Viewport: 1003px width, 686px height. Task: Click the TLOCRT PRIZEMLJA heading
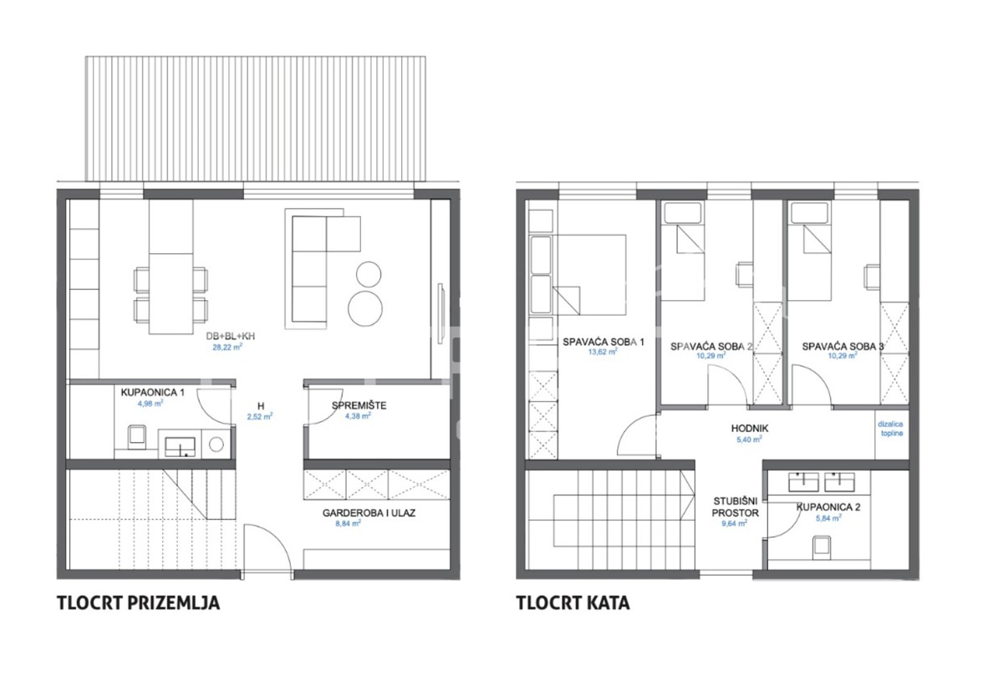pos(138,602)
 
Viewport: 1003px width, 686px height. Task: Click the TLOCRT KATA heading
pos(573,602)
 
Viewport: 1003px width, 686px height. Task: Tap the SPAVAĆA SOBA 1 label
pos(596,341)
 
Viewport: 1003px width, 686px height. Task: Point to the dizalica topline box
pos(891,429)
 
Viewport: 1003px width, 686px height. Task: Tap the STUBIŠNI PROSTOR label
pos(736,507)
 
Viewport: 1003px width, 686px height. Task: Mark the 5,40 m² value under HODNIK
pos(749,440)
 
